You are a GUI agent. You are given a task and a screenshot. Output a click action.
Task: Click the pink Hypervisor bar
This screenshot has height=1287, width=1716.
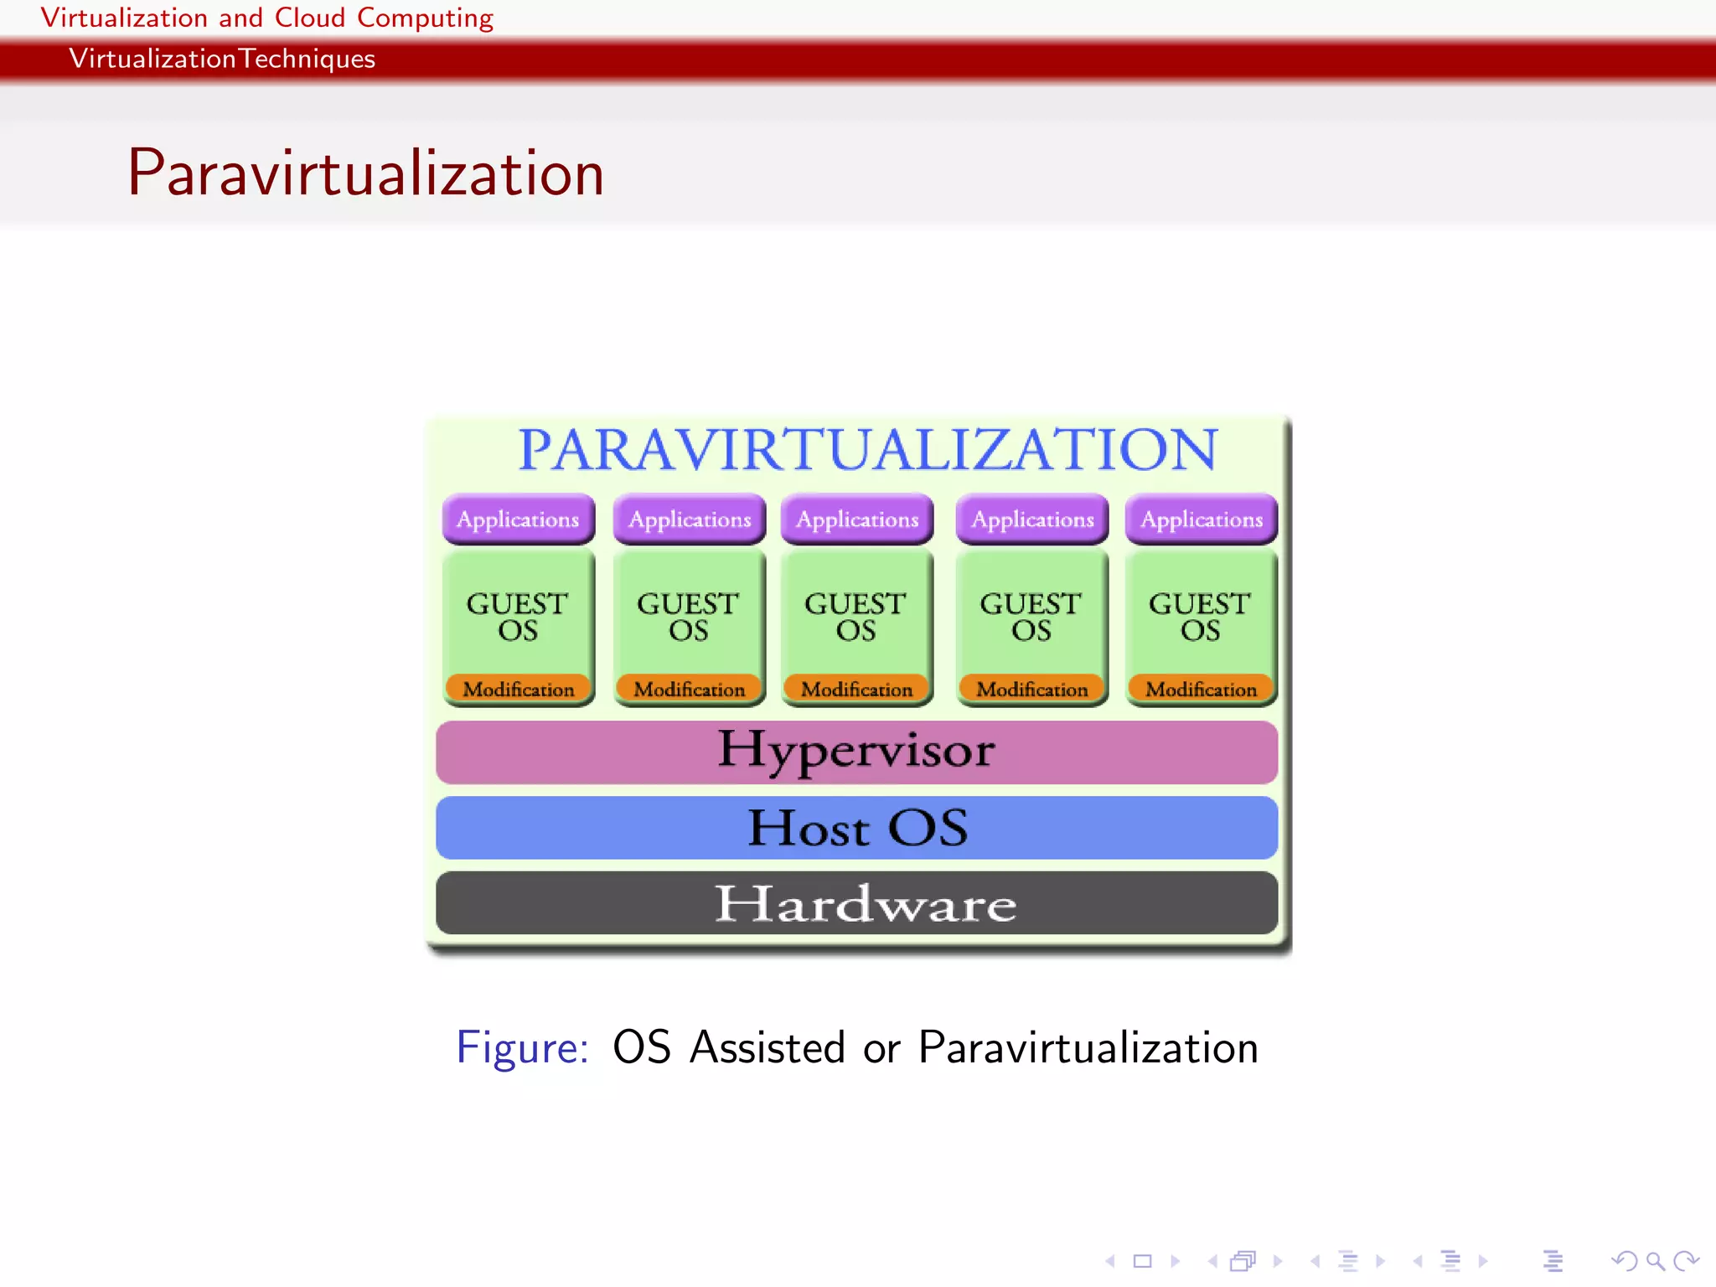856,752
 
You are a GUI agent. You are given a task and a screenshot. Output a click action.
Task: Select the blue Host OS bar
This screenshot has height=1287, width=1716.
856,828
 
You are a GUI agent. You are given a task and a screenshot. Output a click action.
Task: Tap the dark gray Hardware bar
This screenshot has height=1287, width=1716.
856,903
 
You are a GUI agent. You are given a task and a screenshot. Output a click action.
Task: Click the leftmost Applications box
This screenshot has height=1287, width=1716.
518,519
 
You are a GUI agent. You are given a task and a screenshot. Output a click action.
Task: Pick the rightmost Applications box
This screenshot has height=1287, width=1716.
1201,519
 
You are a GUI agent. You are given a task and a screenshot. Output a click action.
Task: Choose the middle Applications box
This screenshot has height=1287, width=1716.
856,519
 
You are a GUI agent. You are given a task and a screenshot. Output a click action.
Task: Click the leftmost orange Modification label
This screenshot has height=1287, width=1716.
518,689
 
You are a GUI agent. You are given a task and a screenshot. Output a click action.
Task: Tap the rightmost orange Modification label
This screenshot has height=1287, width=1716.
1201,689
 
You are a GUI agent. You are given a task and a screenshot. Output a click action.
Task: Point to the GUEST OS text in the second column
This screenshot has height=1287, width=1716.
688,617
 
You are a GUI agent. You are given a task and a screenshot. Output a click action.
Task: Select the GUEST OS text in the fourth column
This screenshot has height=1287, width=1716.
1031,617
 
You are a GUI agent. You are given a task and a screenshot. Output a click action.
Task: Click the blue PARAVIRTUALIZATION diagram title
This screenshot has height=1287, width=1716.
867,450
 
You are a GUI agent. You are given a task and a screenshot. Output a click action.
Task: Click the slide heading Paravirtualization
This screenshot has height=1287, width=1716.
365,173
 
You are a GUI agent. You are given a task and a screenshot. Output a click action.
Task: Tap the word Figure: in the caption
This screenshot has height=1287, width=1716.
522,1047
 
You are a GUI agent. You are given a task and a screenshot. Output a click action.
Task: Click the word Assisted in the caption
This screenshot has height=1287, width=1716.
767,1047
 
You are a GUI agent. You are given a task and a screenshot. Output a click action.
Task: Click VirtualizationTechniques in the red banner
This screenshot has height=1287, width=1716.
222,59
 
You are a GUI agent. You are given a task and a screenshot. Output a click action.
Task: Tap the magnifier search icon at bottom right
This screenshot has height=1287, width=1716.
1654,1260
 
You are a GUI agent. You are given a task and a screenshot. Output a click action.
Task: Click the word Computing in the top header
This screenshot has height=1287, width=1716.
425,18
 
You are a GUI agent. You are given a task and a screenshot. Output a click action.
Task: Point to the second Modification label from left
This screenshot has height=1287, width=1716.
689,689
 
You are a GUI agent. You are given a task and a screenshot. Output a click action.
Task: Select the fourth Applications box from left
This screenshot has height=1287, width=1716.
1031,519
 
